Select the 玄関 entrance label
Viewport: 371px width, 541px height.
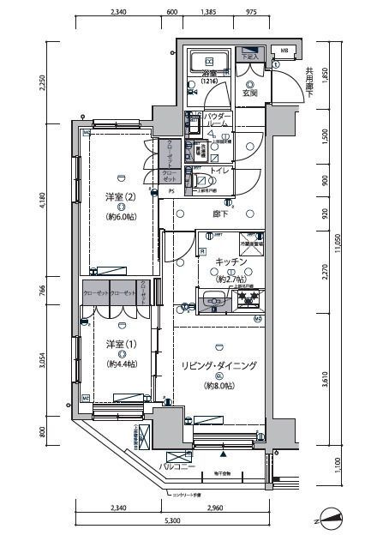click(x=249, y=93)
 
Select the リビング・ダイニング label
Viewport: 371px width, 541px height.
click(x=218, y=365)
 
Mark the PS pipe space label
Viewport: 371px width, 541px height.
click(x=171, y=191)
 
